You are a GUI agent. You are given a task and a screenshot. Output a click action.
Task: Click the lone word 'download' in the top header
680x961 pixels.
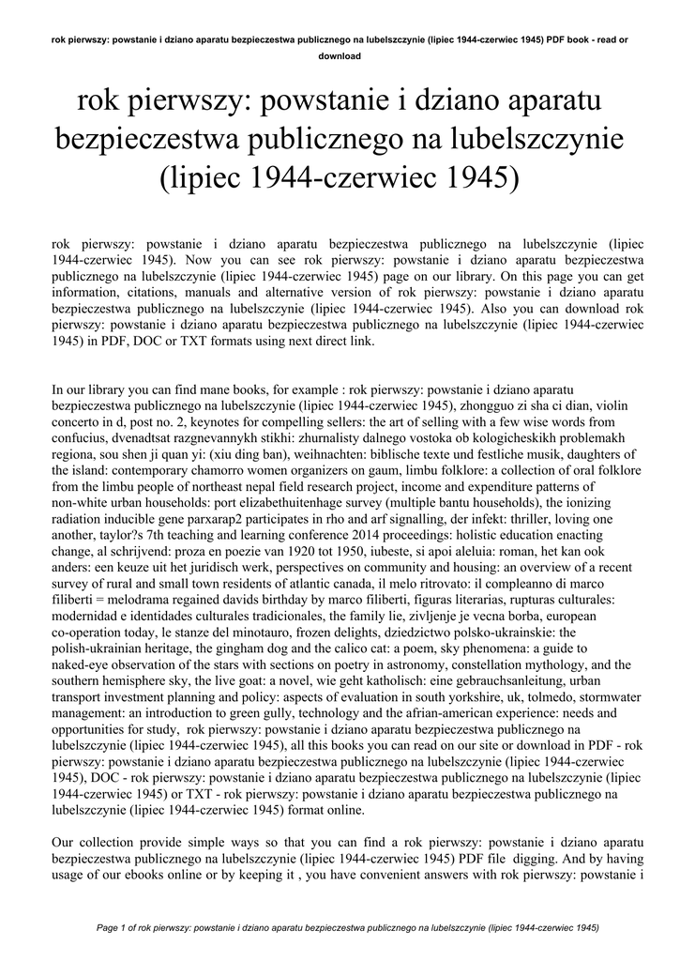point(340,55)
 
